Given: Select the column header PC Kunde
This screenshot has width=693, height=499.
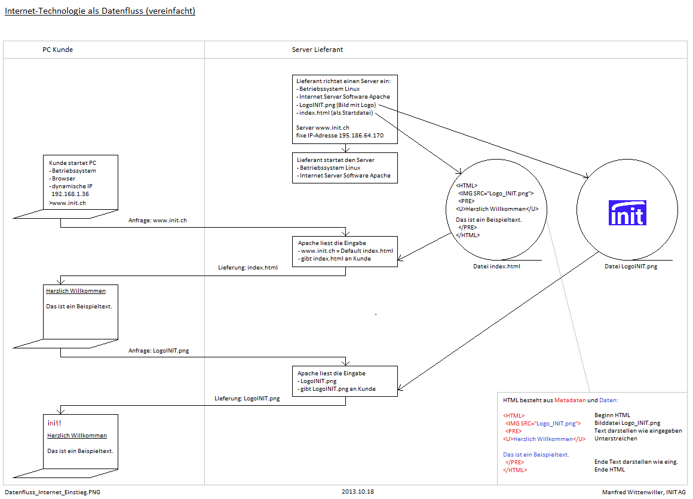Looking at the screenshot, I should click(57, 50).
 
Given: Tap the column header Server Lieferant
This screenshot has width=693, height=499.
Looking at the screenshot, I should click(321, 50).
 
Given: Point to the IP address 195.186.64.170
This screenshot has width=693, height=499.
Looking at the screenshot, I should click(361, 136).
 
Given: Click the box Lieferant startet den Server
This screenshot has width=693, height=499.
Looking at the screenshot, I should click(345, 167).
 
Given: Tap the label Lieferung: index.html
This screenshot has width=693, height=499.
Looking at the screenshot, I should click(247, 268).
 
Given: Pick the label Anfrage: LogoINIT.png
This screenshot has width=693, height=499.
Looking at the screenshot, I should click(158, 351).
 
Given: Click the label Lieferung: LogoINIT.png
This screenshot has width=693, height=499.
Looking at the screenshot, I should click(247, 398).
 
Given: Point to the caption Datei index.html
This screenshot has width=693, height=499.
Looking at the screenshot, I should click(496, 267).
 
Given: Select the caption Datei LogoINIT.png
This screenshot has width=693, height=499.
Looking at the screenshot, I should click(630, 267).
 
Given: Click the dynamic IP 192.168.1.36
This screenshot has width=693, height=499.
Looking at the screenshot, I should click(70, 194).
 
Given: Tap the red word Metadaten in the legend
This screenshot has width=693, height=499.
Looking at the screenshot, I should click(570, 400).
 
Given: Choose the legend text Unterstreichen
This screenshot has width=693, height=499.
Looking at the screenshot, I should click(615, 439).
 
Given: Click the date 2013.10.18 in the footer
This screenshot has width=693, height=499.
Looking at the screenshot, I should click(358, 492).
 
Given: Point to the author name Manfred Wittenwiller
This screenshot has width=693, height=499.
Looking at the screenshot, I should click(631, 492).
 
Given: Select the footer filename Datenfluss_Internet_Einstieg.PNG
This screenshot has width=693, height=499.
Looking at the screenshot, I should click(53, 492).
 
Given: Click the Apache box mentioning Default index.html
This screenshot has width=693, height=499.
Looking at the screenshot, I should click(345, 251).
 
